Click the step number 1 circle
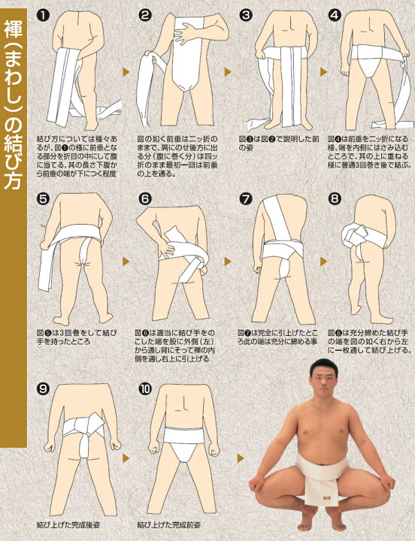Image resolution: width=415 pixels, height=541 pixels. pos(44,15)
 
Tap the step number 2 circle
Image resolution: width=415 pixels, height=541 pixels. pos(145,15)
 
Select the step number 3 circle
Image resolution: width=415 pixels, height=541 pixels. pos(245,15)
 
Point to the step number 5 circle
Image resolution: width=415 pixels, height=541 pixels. pos(44,199)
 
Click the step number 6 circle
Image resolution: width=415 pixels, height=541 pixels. pos(145,199)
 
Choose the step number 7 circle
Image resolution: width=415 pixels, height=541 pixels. pos(245,199)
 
